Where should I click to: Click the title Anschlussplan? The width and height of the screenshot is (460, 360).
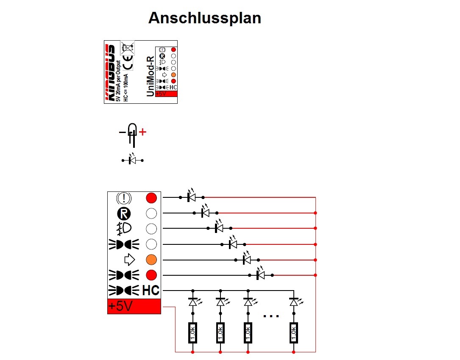point(205,18)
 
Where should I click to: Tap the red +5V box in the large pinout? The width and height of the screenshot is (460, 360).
point(134,306)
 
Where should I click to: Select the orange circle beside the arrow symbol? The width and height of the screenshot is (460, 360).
point(151,260)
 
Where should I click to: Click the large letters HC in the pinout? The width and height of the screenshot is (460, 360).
point(151,291)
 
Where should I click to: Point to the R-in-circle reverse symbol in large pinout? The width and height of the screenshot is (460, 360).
point(124,214)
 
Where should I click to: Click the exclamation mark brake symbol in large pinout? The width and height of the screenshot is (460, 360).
point(124,198)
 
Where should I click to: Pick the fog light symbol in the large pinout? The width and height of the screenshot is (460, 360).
point(124,229)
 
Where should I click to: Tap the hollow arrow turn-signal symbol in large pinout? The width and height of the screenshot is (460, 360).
point(129,260)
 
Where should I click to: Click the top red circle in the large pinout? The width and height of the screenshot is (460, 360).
point(151,198)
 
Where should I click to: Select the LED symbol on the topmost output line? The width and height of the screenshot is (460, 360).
point(192,196)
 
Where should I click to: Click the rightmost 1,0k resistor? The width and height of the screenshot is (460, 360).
point(294,332)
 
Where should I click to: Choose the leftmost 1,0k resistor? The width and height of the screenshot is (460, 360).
point(192,332)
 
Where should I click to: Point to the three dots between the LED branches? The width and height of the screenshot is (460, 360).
point(271,316)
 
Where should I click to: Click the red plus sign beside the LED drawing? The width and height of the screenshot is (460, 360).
point(142,132)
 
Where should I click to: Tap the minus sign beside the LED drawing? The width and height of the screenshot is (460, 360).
point(122,133)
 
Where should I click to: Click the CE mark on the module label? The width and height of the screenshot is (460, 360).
point(128,62)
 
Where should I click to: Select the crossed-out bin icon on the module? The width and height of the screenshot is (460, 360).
point(128,47)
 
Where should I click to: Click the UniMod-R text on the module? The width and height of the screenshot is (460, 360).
point(150,76)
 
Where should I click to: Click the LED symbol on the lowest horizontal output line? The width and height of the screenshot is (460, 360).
point(261,274)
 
